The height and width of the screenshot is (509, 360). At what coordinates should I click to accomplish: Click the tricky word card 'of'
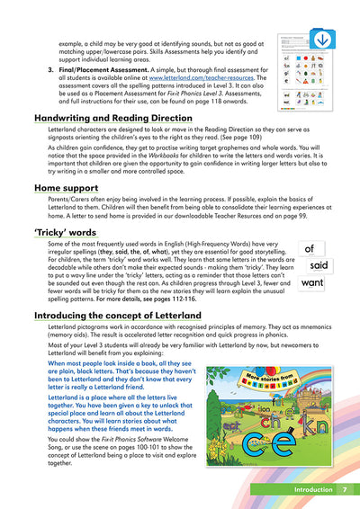(310, 249)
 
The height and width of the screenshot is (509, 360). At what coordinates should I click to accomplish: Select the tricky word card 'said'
(318, 265)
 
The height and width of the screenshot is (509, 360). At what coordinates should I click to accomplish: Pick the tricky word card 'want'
(312, 283)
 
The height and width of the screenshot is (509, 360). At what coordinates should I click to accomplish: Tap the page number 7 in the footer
(344, 490)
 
